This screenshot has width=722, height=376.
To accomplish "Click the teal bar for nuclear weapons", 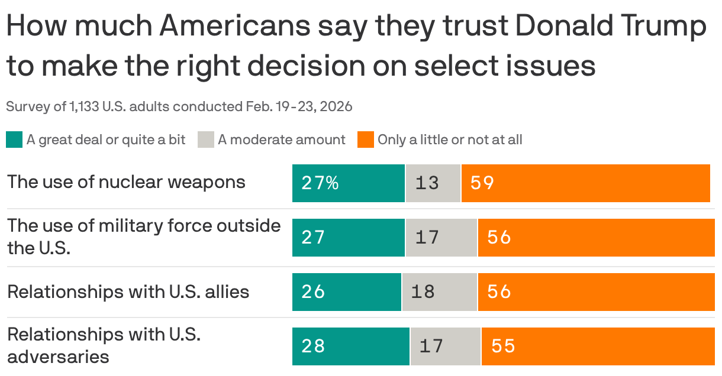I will click(349, 183).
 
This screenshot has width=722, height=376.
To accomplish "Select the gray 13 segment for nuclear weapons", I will click(433, 183).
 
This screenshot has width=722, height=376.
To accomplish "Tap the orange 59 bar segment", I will click(585, 183).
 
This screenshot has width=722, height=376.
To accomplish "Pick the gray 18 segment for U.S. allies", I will click(440, 291).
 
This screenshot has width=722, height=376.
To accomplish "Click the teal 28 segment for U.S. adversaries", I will click(351, 346).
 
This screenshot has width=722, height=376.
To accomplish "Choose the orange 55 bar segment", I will click(598, 346).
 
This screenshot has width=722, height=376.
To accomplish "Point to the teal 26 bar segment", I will click(347, 291).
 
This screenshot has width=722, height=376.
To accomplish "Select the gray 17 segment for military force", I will click(441, 238).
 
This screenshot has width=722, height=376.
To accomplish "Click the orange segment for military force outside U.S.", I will click(596, 238).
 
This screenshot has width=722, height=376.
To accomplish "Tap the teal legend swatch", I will click(14, 140).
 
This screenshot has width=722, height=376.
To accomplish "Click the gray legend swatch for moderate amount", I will click(205, 140).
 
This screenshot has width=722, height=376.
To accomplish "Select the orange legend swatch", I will click(366, 140).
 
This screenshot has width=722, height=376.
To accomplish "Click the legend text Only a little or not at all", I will click(450, 140).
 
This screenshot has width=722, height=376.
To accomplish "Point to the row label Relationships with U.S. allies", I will click(128, 291).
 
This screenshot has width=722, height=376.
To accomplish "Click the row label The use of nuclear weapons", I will click(126, 181).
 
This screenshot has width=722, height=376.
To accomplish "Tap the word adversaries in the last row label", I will click(58, 356).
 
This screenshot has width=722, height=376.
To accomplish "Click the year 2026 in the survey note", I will click(337, 107).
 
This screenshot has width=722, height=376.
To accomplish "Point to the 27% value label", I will click(320, 183).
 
